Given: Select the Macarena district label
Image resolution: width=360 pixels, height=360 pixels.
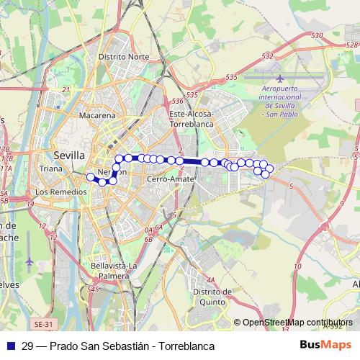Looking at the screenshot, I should (97, 115).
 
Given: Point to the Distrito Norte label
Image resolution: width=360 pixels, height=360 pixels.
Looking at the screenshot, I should (124, 56).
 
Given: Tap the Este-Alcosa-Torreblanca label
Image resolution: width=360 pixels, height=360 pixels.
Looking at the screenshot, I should (192, 119).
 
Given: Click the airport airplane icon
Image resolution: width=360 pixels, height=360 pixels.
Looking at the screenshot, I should (279, 78).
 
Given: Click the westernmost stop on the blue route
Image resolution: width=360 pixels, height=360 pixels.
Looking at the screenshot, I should (91, 176).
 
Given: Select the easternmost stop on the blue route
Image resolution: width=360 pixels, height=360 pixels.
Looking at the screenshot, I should (270, 169).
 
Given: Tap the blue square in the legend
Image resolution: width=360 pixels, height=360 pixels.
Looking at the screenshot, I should (11, 346).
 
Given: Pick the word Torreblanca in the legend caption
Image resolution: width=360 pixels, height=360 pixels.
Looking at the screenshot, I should (189, 346).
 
